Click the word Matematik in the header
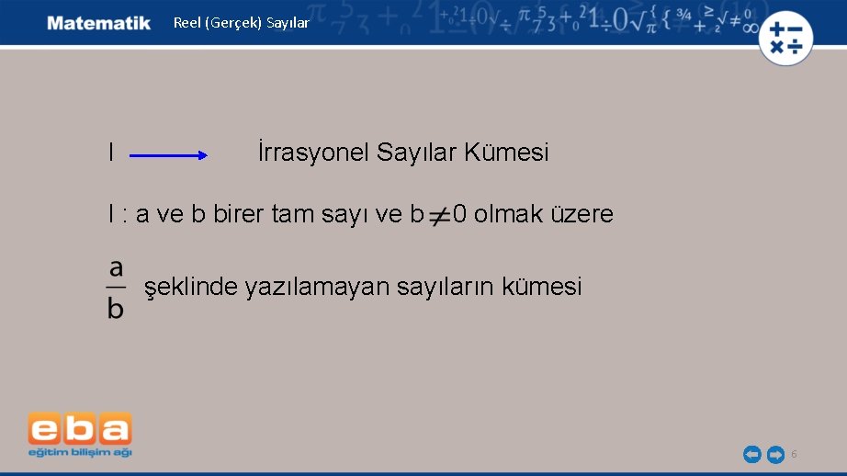pyautogui.click(x=99, y=23)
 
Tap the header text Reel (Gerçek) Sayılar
pyautogui.click(x=242, y=23)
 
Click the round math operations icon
pyautogui.click(x=785, y=39)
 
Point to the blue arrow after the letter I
pyautogui.click(x=170, y=156)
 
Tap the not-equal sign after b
pyautogui.click(x=439, y=217)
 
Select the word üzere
pyautogui.click(x=582, y=215)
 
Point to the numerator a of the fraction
pyautogui.click(x=116, y=268)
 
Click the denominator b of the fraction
pyautogui.click(x=116, y=307)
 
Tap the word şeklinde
pyautogui.click(x=191, y=288)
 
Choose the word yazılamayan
pyautogui.click(x=317, y=288)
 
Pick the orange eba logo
pyautogui.click(x=80, y=428)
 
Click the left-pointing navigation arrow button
pyautogui.click(x=751, y=454)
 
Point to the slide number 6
pyautogui.click(x=794, y=454)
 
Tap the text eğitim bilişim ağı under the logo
pyautogui.click(x=80, y=452)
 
